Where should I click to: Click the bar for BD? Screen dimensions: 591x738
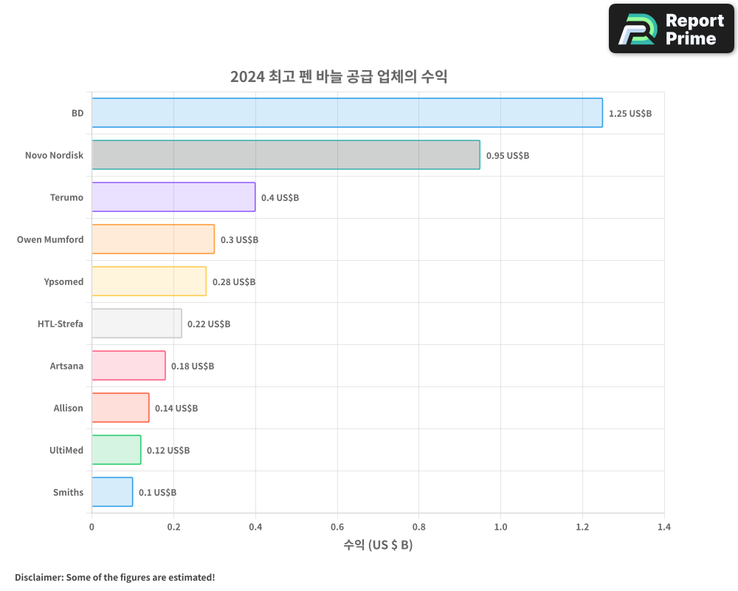click(x=347, y=113)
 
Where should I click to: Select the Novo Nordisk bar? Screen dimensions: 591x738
click(x=286, y=155)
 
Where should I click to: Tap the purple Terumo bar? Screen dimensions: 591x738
click(x=173, y=197)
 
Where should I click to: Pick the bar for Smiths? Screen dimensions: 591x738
click(x=112, y=492)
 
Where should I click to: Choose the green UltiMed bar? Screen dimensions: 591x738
click(x=116, y=450)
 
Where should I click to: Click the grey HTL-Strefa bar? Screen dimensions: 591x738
click(x=137, y=324)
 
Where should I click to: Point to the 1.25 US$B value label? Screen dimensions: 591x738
click(x=630, y=114)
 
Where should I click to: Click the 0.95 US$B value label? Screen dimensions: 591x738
click(x=508, y=156)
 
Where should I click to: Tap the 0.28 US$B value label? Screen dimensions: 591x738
click(x=234, y=282)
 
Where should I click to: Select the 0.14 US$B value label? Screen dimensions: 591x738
click(x=176, y=409)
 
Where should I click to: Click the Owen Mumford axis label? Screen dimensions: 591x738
click(x=50, y=239)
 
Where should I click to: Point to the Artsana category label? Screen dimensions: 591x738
click(x=66, y=366)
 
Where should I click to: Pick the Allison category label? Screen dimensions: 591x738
click(x=68, y=408)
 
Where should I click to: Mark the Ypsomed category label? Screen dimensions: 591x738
click(x=63, y=281)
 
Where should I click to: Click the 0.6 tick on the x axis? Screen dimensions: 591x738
click(x=337, y=527)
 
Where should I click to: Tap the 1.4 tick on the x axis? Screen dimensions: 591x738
click(x=664, y=527)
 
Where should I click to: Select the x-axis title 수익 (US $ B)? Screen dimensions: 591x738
click(x=378, y=546)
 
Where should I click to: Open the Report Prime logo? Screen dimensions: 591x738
click(x=671, y=29)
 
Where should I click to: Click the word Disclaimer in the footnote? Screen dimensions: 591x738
click(x=38, y=577)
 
